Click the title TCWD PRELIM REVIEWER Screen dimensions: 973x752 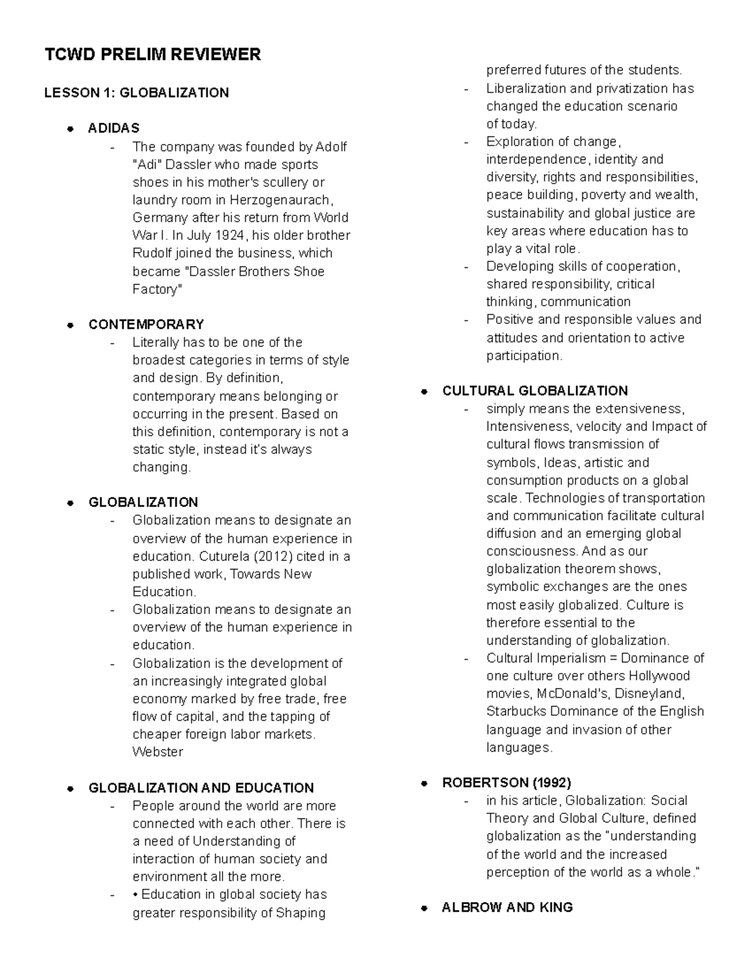tap(152, 55)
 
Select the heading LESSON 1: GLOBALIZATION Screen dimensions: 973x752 tap(136, 93)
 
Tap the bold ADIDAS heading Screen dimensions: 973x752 tap(113, 128)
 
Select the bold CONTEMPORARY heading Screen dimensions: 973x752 tap(146, 325)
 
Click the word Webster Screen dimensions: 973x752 tap(157, 752)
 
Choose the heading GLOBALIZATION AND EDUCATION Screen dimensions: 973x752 tap(201, 788)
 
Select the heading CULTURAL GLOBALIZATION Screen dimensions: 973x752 tap(535, 391)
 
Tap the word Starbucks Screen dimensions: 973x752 tap(516, 712)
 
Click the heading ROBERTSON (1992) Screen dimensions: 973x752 tap(506, 783)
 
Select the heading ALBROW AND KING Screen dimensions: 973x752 tap(507, 907)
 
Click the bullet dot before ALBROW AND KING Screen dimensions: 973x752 tap(424, 908)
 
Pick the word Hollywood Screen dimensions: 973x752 tap(659, 676)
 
